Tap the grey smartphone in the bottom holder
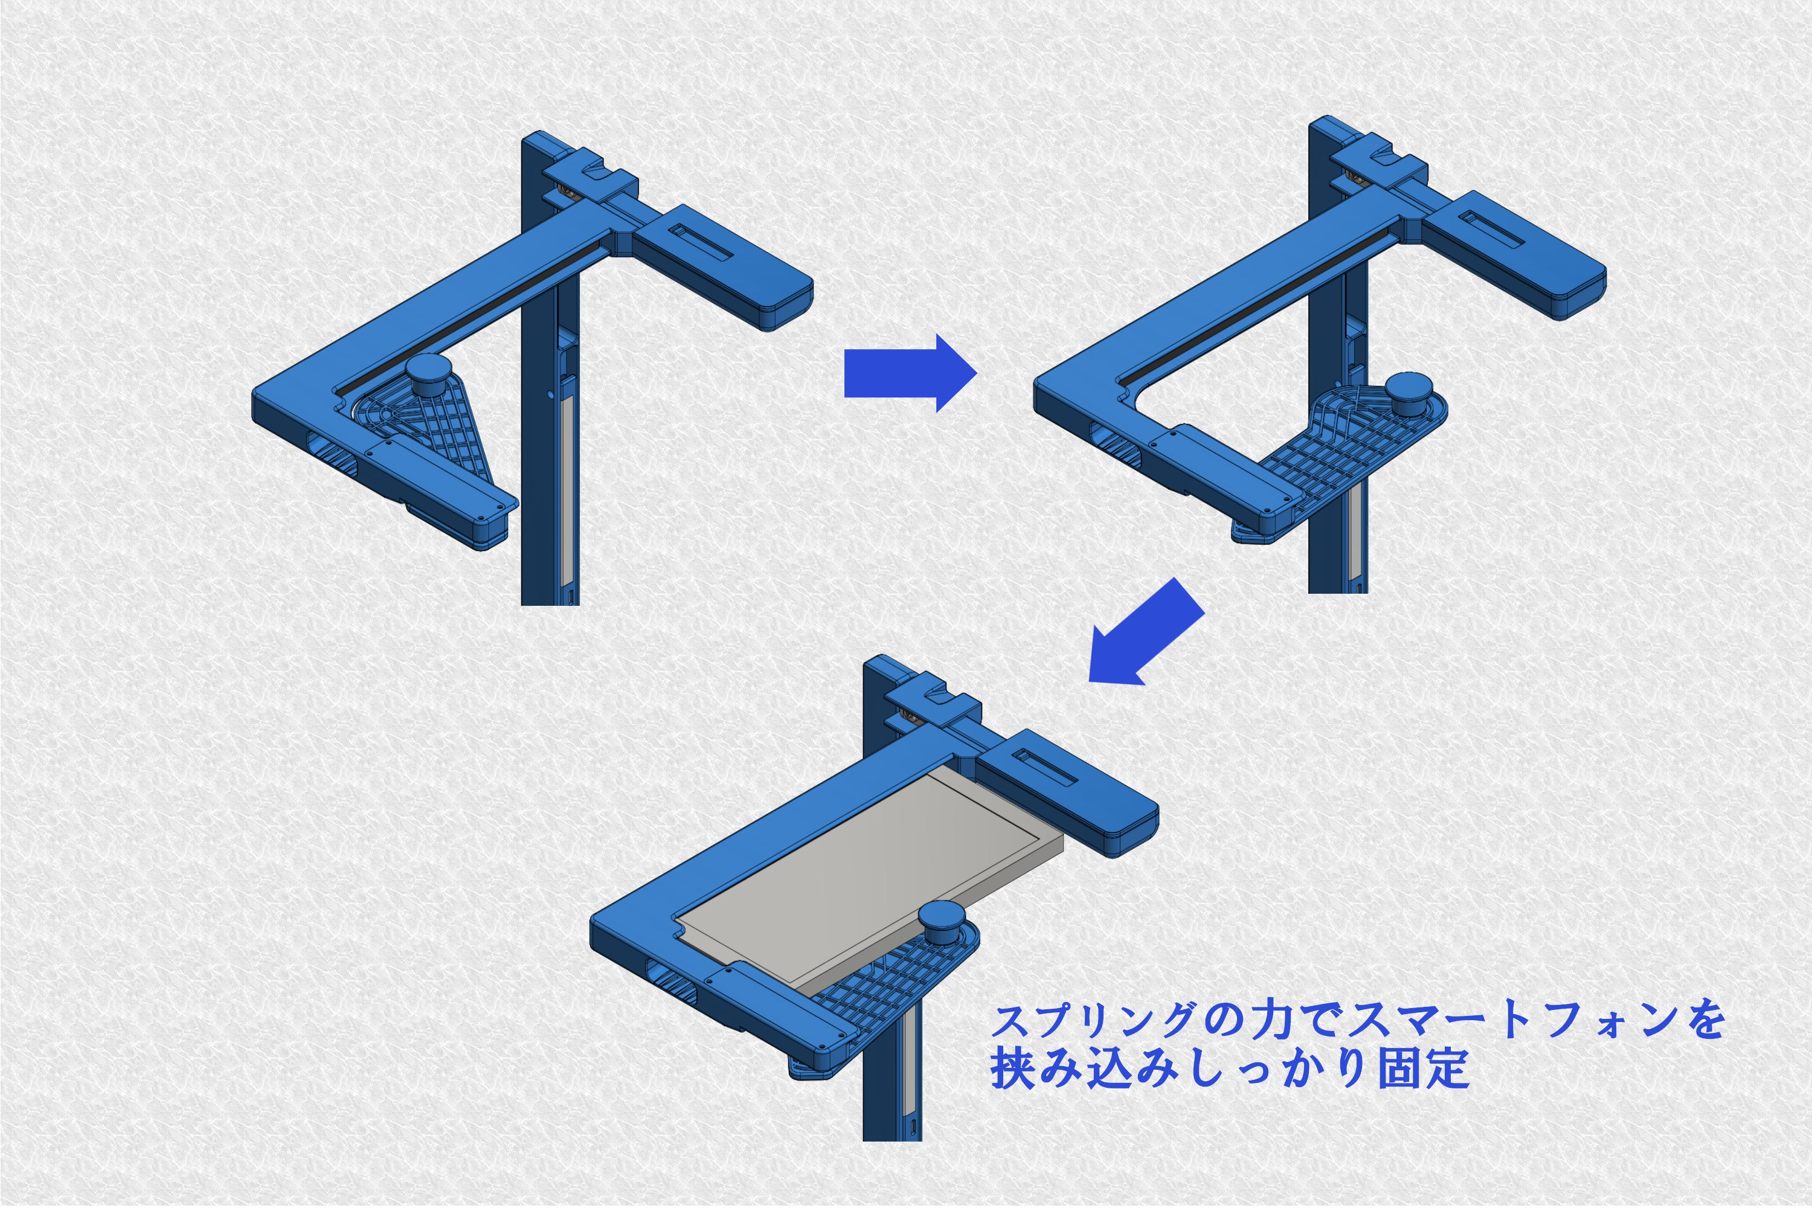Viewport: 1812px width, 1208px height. [x=863, y=878]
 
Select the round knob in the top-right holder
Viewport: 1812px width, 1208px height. [x=1409, y=394]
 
